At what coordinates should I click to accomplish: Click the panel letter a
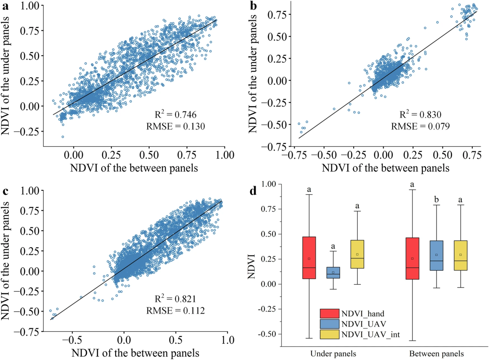6,6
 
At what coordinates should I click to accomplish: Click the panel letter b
254,6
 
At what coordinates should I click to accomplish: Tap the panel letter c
6,191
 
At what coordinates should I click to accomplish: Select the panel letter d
253,191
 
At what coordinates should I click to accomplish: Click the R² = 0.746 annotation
176,114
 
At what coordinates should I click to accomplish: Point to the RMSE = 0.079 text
420,126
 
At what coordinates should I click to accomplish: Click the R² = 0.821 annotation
176,299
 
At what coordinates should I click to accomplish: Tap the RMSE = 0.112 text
176,310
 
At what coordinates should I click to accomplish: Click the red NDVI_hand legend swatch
330,314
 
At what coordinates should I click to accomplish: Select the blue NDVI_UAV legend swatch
330,324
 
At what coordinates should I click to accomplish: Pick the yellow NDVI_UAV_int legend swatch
330,334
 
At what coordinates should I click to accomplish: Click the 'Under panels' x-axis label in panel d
333,354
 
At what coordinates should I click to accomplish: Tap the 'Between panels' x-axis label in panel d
436,354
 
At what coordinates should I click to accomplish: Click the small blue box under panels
333,272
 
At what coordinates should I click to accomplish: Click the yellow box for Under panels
357,254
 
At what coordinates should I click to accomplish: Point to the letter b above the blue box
436,200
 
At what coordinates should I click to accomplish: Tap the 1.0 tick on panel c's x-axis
227,340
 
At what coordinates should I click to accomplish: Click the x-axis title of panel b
386,168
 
